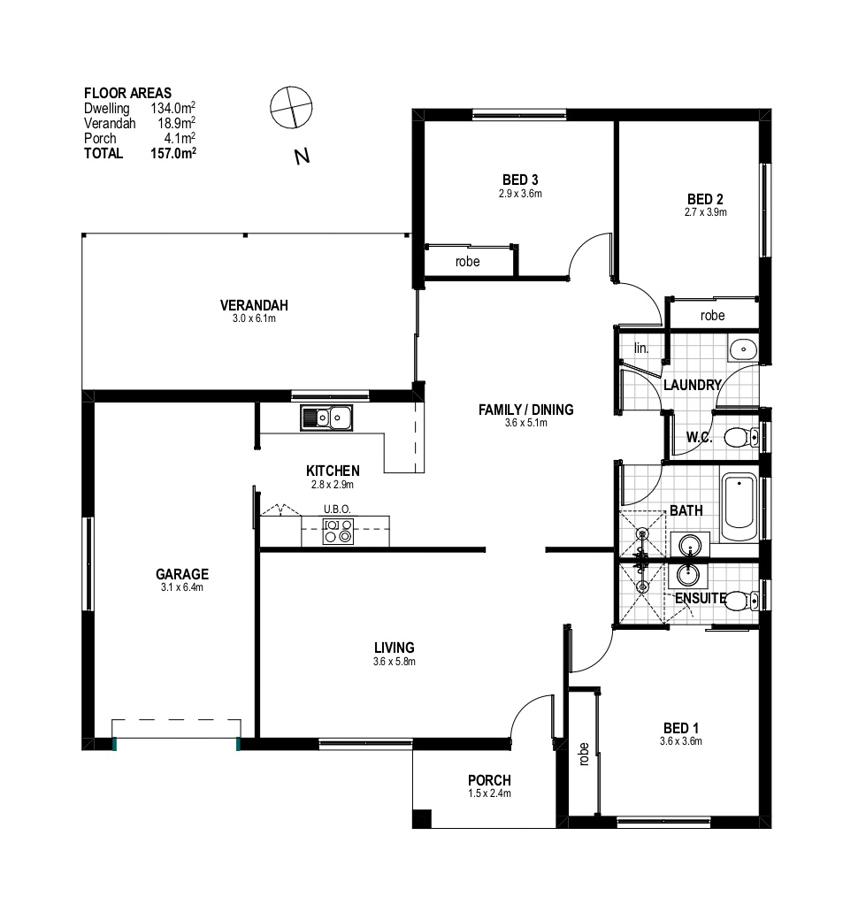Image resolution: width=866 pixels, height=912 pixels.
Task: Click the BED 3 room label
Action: [x=520, y=180]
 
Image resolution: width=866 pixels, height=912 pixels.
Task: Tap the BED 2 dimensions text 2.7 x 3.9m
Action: [x=705, y=212]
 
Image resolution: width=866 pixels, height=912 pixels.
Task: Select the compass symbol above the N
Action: [x=291, y=108]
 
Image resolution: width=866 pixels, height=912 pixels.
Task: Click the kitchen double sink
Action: [x=326, y=418]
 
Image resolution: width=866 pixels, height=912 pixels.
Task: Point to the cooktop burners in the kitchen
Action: [x=338, y=531]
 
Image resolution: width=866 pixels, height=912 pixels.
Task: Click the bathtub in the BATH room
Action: [x=739, y=508]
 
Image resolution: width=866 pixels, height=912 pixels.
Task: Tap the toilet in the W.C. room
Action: [x=741, y=437]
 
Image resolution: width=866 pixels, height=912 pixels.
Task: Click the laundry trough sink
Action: [x=743, y=349]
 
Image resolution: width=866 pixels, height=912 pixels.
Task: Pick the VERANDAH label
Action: [x=254, y=305]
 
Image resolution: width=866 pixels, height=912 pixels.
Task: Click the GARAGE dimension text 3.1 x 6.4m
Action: [x=182, y=587]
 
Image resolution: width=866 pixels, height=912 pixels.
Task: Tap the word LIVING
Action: [x=395, y=648]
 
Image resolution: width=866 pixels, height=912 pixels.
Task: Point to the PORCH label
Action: [x=489, y=780]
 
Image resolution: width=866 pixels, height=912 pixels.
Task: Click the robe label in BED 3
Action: [x=468, y=262]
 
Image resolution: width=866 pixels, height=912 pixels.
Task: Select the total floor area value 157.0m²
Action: [x=173, y=153]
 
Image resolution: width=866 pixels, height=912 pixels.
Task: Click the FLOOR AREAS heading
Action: [x=127, y=93]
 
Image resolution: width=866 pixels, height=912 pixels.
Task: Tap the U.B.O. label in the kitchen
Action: [x=337, y=510]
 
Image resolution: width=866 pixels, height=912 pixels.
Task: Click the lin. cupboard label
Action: [x=641, y=349]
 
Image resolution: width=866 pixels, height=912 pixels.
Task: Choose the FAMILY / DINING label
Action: [x=525, y=410]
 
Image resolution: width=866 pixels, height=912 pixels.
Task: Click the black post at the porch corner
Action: [x=422, y=819]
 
